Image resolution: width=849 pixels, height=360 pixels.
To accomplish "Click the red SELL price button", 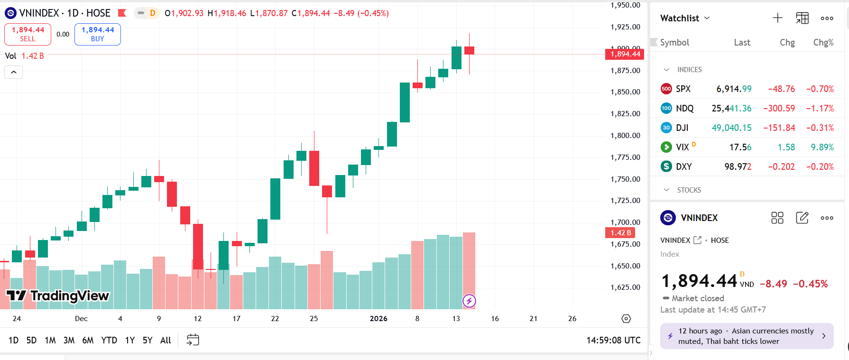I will pyautogui.click(x=28, y=34).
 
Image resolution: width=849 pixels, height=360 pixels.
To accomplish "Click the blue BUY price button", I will pyautogui.click(x=98, y=34).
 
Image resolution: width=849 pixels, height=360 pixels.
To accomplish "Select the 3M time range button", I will pyautogui.click(x=69, y=340).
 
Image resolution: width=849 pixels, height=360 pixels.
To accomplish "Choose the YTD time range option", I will pyautogui.click(x=109, y=340).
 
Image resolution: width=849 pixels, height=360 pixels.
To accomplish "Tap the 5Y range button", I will pyautogui.click(x=148, y=340).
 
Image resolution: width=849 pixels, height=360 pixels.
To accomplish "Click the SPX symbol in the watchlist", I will pyautogui.click(x=683, y=89).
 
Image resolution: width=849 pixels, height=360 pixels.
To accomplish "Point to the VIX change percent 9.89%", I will pyautogui.click(x=822, y=147).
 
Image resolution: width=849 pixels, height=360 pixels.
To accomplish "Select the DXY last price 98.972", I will pyautogui.click(x=738, y=166).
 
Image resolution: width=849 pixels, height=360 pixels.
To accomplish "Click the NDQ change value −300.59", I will pyautogui.click(x=779, y=108).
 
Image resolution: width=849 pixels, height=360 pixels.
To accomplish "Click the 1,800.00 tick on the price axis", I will pyautogui.click(x=625, y=135).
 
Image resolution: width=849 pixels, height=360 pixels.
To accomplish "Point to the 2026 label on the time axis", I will pyautogui.click(x=378, y=319).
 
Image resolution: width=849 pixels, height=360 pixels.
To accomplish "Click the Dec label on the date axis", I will pyautogui.click(x=81, y=319).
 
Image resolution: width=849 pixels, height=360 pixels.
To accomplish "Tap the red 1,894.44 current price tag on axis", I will pyautogui.click(x=625, y=54).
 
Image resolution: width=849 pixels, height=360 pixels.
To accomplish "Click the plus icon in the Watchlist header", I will pyautogui.click(x=777, y=18).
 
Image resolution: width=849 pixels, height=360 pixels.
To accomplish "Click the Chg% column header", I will pyautogui.click(x=823, y=42).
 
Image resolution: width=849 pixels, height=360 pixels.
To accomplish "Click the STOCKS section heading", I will pyautogui.click(x=689, y=190).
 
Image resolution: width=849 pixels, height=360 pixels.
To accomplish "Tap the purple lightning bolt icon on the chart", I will pyautogui.click(x=469, y=301).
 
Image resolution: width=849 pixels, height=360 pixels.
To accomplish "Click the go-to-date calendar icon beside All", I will pyautogui.click(x=193, y=340).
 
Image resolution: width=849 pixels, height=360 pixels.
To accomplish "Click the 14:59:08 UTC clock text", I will pyautogui.click(x=613, y=340).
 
